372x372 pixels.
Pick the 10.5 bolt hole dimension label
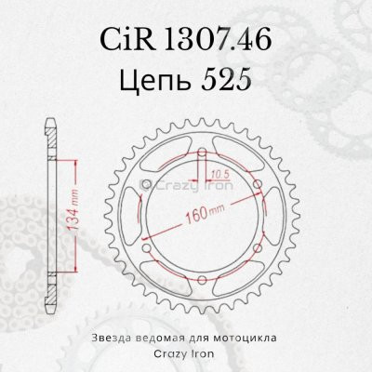(x=219, y=172)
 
